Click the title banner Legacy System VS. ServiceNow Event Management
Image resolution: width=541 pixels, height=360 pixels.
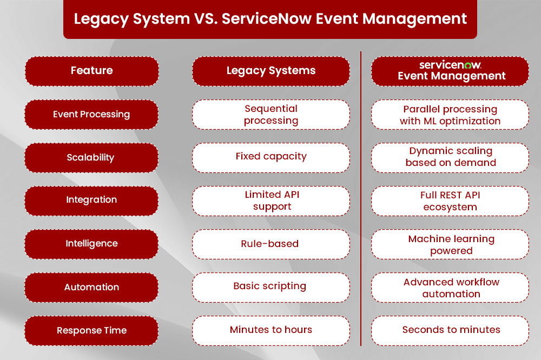[x=270, y=19]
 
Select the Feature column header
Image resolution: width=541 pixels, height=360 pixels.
[x=91, y=71]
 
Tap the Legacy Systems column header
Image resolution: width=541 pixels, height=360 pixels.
[x=270, y=71]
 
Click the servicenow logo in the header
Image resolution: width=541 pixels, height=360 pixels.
[x=451, y=65]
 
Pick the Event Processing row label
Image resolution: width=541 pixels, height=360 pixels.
[x=91, y=114]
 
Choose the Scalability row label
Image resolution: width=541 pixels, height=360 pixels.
[x=91, y=157]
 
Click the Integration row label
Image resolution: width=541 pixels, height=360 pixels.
[x=91, y=200]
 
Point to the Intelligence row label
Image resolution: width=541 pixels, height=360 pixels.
[x=91, y=244]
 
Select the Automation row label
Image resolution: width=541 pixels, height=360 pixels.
[x=91, y=287]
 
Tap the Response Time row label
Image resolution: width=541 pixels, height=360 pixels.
[x=91, y=330]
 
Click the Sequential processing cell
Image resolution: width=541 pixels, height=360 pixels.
[x=270, y=114]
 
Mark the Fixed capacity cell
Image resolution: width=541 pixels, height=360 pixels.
[x=270, y=157]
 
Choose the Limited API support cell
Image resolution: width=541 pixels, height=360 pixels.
[x=270, y=201]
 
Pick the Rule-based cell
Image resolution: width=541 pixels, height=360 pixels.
[x=270, y=244]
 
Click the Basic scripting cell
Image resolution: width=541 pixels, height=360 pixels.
[x=270, y=286]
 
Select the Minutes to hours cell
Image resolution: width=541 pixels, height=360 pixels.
[x=270, y=330]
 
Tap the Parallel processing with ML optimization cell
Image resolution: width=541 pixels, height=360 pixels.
[x=450, y=115]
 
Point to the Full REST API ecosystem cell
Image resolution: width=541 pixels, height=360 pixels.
[x=450, y=201]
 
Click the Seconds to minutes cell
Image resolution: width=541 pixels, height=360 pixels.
[x=450, y=330]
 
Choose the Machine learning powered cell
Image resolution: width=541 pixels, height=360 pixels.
[x=450, y=244]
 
